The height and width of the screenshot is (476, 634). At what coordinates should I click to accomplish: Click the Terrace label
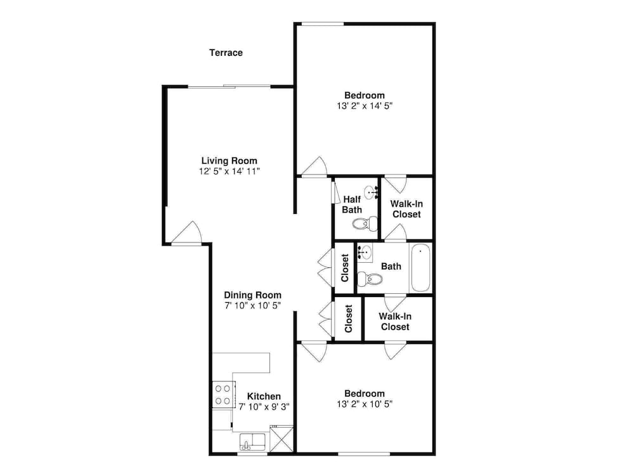(226, 53)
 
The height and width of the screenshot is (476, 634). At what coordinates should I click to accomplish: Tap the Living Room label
(230, 161)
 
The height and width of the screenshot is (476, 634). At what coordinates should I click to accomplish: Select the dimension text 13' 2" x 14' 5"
(365, 106)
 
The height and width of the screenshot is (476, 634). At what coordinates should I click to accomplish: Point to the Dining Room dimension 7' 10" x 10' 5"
(253, 306)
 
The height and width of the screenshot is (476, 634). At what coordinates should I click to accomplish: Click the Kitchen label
(264, 396)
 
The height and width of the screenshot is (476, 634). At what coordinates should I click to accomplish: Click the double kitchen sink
(252, 442)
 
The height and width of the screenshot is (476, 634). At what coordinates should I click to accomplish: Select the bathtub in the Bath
(420, 267)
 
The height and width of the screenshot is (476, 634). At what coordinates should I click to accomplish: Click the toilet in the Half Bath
(365, 223)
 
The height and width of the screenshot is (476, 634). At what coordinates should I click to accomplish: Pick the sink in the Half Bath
(371, 192)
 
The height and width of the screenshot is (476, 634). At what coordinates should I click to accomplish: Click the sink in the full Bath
(365, 252)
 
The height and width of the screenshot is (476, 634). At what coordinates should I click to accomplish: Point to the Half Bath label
(352, 204)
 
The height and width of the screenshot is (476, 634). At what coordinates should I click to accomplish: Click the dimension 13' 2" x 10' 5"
(365, 404)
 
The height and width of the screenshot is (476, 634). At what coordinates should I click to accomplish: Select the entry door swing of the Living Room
(186, 233)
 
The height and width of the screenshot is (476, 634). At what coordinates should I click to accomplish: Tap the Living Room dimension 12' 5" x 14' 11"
(230, 171)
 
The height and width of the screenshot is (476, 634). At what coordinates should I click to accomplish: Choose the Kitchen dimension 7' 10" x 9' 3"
(264, 407)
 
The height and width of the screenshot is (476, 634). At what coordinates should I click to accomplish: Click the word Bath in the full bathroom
(391, 267)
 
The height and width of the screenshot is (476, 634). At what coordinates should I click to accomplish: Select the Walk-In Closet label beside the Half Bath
(407, 209)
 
